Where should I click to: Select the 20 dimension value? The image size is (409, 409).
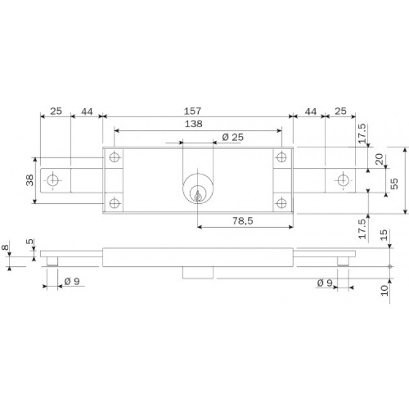pyautogui.click(x=379, y=160)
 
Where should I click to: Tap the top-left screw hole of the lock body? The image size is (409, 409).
pyautogui.click(x=114, y=157)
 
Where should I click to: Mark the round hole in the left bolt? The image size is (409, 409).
pyautogui.click(x=53, y=181)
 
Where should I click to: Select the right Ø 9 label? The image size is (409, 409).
pyautogui.click(x=325, y=283)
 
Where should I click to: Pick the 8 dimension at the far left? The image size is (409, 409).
pyautogui.click(x=6, y=249)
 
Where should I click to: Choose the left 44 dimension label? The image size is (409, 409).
pyautogui.click(x=87, y=111)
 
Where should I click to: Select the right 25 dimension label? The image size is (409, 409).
pyautogui.click(x=340, y=111)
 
